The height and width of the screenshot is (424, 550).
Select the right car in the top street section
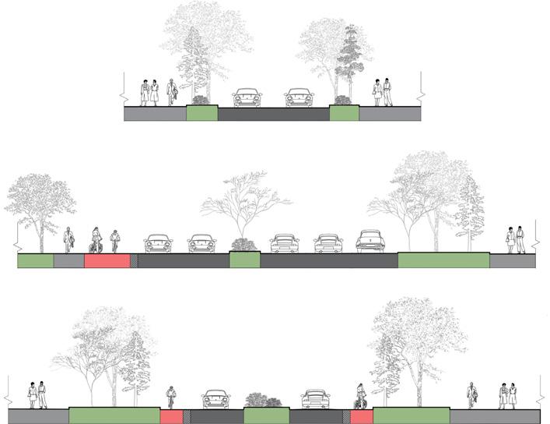[x=298, y=97]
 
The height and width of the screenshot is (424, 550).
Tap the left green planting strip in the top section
[x=201, y=114]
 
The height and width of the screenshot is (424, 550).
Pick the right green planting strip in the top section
[x=344, y=114]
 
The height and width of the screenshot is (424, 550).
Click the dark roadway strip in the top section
[x=272, y=115]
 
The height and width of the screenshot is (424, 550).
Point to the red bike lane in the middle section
[x=106, y=261]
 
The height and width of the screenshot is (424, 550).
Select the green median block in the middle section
[x=244, y=260]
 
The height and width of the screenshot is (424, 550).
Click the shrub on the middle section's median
[x=244, y=245]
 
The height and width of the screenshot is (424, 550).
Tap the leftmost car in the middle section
[x=159, y=243]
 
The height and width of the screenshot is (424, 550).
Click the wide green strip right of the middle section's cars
[x=443, y=260]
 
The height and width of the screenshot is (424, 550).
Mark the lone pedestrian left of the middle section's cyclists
[x=68, y=238]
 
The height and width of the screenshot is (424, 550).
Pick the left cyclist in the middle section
[x=96, y=240]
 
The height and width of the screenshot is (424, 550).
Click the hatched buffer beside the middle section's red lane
[x=133, y=261]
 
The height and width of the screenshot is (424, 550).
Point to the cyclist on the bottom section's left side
[x=171, y=398]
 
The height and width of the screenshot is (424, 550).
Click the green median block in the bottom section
[x=266, y=416]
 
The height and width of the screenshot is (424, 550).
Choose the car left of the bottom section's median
[x=215, y=400]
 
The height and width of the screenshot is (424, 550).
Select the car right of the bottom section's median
[x=315, y=399]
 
